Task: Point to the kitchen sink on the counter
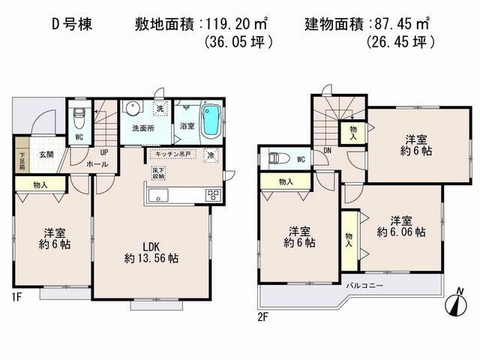pos(160,196)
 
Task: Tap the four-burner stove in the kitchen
pos(212,196)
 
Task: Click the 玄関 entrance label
pos(46,154)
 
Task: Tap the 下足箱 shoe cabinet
pos(22,160)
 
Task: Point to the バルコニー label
pos(364,286)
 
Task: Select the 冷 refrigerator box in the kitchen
pos(211,156)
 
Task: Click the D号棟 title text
pos(67,23)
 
